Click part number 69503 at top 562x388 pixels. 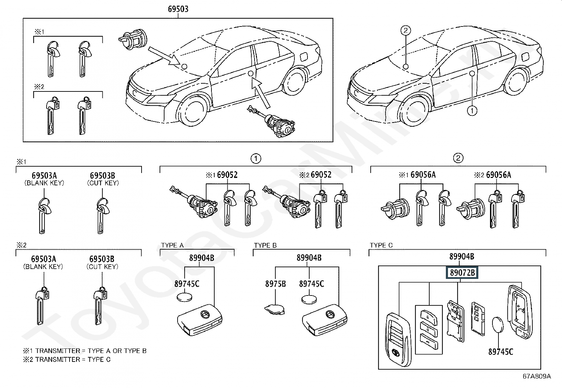[x=178, y=9]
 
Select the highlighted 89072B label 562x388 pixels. [x=462, y=273]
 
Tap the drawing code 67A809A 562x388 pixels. [x=537, y=376]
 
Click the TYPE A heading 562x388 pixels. [x=172, y=245]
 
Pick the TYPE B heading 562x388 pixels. [x=265, y=245]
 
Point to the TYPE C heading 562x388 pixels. [x=381, y=245]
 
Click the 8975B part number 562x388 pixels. [x=275, y=283]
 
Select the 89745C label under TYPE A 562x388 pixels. [x=187, y=283]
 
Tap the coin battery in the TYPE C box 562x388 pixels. [x=498, y=324]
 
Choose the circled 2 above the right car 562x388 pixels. [x=406, y=30]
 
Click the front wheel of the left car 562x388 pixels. [x=193, y=110]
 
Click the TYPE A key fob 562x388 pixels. [x=200, y=319]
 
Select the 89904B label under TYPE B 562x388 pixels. [x=309, y=258]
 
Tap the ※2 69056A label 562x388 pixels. [x=495, y=175]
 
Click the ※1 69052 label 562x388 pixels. [x=222, y=175]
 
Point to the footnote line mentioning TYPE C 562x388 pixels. [x=67, y=359]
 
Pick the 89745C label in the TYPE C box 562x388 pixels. [x=501, y=352]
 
